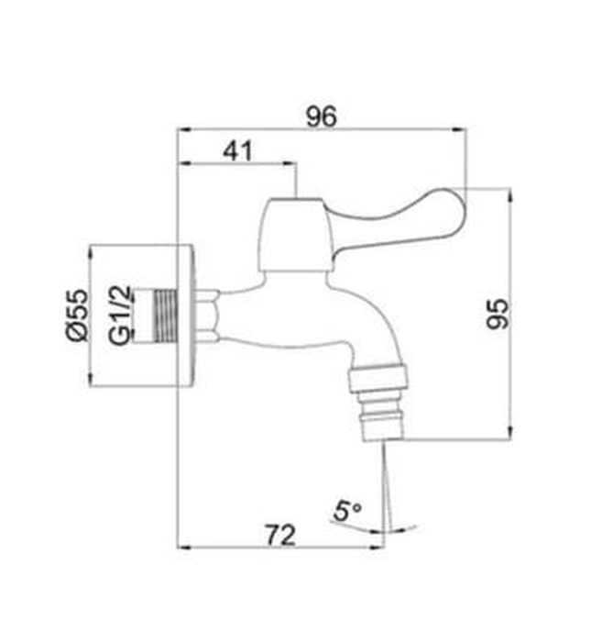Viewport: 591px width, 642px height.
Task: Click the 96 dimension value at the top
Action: tap(322, 116)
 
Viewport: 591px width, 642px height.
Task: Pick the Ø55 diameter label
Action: tap(77, 315)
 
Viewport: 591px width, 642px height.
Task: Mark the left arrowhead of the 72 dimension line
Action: tap(183, 548)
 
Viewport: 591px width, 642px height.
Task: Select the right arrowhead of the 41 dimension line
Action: tap(294, 165)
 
